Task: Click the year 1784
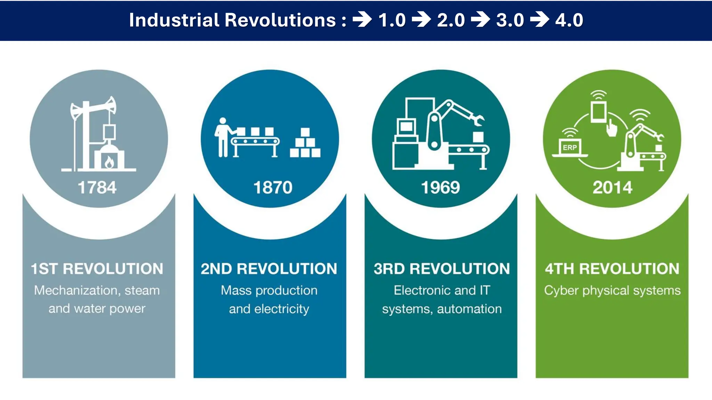(x=97, y=187)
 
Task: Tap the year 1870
(x=273, y=187)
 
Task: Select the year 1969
(x=440, y=187)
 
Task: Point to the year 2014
(x=612, y=187)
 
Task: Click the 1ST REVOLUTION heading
(x=97, y=269)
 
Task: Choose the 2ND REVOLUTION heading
(x=269, y=269)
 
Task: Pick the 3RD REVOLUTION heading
(x=442, y=269)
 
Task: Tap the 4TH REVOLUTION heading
(x=612, y=269)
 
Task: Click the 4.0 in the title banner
(x=569, y=20)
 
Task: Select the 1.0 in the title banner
(x=392, y=20)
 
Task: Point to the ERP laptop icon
(x=570, y=148)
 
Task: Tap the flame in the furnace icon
(x=109, y=162)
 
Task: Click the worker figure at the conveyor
(x=222, y=137)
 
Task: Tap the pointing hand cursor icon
(x=612, y=128)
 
